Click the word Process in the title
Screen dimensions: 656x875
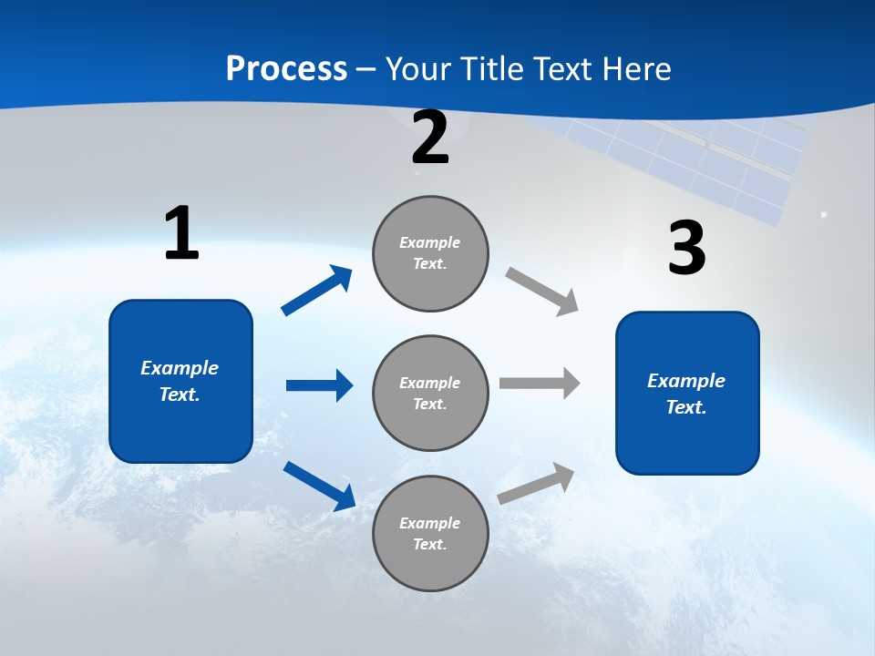click(286, 69)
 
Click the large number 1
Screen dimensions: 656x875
click(181, 234)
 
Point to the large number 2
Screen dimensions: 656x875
click(430, 138)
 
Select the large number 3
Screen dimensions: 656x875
click(686, 249)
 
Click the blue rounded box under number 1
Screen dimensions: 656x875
click(180, 381)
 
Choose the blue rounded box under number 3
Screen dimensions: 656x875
click(687, 393)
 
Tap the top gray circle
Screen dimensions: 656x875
click(430, 253)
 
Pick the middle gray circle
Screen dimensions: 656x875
click(430, 393)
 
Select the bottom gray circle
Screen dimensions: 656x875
click(430, 533)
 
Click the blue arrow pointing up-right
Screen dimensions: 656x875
click(317, 291)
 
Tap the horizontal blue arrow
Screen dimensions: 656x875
click(319, 385)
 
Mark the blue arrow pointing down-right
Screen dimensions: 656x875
click(319, 486)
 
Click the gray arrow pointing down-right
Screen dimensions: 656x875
click(542, 292)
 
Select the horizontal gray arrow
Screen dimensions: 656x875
click(540, 383)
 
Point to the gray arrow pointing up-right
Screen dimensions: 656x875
click(537, 483)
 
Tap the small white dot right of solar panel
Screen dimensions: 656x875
click(824, 215)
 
